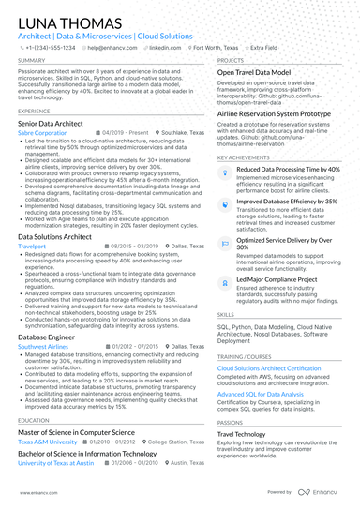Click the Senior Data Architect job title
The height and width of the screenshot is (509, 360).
pos(54,123)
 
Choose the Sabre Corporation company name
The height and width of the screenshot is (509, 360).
pos(43,133)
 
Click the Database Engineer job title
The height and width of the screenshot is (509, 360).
pos(48,336)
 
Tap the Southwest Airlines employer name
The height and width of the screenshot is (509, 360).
pos(43,346)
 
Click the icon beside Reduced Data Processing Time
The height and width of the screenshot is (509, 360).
pos(225,172)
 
